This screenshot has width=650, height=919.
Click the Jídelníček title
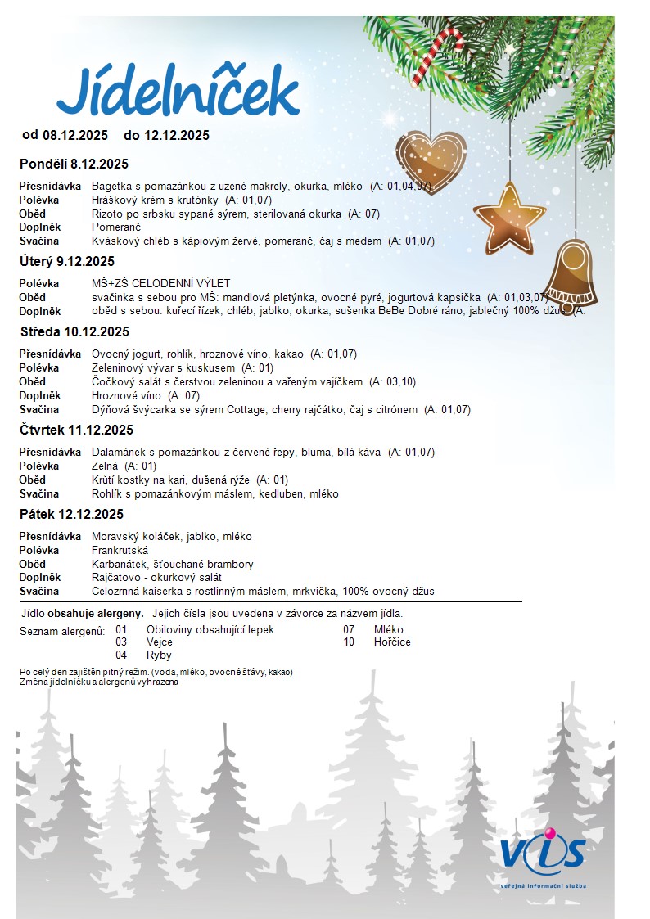pyautogui.click(x=178, y=91)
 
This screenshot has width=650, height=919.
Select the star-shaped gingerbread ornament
pyautogui.click(x=508, y=217)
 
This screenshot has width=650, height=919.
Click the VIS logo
pyautogui.click(x=543, y=854)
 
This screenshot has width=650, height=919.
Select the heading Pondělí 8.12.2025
pyautogui.click(x=74, y=164)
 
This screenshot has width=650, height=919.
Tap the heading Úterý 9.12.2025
pyautogui.click(x=67, y=262)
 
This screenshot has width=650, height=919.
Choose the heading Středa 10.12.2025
pyautogui.click(x=75, y=332)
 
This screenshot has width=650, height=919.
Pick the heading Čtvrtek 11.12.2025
pyautogui.click(x=77, y=430)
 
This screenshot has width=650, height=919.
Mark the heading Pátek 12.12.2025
pyautogui.click(x=72, y=514)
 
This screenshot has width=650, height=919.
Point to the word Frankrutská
pyautogui.click(x=120, y=550)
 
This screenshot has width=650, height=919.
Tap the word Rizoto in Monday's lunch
pyautogui.click(x=106, y=214)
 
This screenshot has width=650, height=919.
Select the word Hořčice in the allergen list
pyautogui.click(x=392, y=642)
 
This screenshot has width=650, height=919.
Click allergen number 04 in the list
pyautogui.click(x=121, y=655)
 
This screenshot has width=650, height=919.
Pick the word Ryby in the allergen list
pyautogui.click(x=159, y=655)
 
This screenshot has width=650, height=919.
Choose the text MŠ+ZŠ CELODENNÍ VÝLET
pyautogui.click(x=161, y=283)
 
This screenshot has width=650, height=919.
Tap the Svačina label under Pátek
pyautogui.click(x=39, y=591)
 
